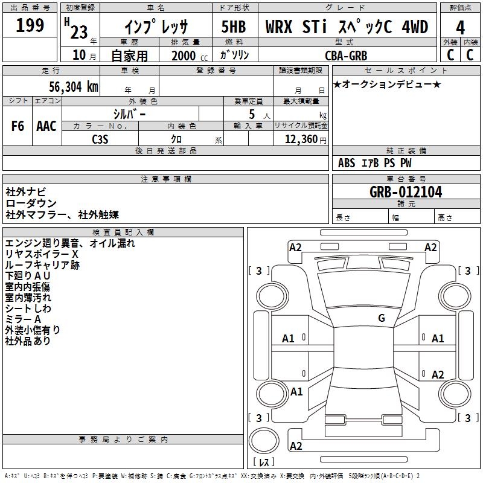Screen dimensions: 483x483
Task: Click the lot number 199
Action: (30, 25)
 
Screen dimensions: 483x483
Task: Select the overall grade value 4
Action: (460, 28)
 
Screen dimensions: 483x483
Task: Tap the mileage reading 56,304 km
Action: (74, 87)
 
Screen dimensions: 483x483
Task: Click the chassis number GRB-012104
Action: (406, 192)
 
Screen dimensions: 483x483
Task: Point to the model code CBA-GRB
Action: (346, 56)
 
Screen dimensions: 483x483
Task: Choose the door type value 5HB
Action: (234, 27)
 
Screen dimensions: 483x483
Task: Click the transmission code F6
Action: (18, 126)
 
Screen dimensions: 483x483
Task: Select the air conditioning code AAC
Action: (46, 126)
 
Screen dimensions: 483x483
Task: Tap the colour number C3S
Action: (100, 139)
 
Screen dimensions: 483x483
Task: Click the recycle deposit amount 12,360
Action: (301, 139)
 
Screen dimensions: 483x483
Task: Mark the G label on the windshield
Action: (382, 318)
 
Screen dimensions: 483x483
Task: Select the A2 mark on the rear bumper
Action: (296, 446)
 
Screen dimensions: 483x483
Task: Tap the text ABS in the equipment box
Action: (347, 163)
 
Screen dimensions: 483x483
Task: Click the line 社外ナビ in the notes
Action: (25, 192)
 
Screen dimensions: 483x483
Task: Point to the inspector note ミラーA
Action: (23, 319)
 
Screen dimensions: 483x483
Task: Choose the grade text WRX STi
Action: (296, 27)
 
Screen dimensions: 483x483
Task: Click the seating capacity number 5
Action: (252, 114)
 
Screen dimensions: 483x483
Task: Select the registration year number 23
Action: (79, 32)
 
